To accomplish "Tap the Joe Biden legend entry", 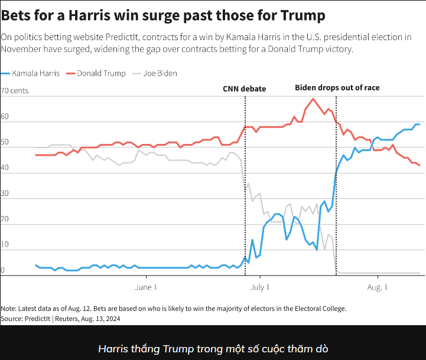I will [x=157, y=73].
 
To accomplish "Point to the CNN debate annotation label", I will [x=244, y=89].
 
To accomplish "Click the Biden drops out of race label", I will [x=337, y=87].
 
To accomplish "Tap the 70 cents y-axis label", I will [x=15, y=91].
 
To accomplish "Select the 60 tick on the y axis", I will [x=5, y=117].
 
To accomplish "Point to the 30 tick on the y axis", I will [x=5, y=194].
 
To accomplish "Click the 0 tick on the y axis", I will [x=3, y=270].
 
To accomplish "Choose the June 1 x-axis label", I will [x=146, y=287].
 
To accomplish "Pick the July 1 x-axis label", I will [x=260, y=287].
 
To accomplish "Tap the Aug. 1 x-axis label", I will [x=378, y=287].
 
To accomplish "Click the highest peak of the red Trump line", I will [x=313, y=99].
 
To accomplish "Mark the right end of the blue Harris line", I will [x=419, y=125].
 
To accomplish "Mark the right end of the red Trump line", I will [x=419, y=165].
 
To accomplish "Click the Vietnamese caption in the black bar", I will [x=213, y=348].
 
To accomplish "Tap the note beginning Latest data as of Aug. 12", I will [x=173, y=308].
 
